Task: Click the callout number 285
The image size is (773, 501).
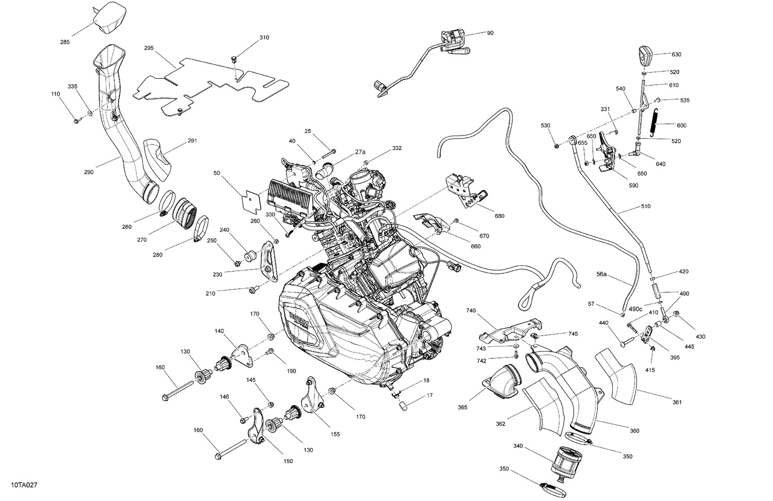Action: pos(64,42)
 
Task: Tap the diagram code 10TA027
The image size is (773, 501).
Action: pos(21,486)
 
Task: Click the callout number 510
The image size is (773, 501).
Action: pos(646,206)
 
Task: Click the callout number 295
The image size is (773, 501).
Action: pos(149,48)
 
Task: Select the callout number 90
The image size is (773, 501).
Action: pos(490,33)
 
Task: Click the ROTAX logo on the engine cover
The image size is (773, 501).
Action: pos(298,324)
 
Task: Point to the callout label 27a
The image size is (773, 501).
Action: pos(360,152)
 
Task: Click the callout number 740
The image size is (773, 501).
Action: pos(470,311)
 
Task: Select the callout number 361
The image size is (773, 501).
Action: pos(677,403)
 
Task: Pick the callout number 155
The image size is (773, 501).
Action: pos(335,434)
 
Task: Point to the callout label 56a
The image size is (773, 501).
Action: pos(601,275)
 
